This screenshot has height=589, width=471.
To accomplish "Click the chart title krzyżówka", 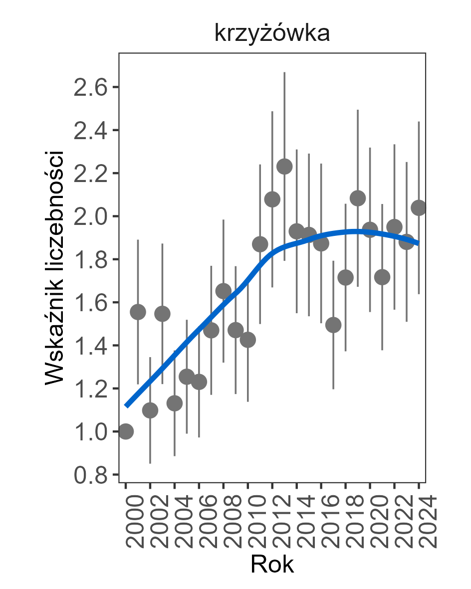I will pyautogui.click(x=272, y=33).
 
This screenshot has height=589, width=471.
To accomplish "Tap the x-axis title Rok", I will pyautogui.click(x=272, y=565).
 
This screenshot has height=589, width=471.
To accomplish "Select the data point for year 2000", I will pyautogui.click(x=126, y=431).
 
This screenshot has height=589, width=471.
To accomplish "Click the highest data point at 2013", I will pyautogui.click(x=284, y=167).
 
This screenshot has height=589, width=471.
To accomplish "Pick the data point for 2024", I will pyautogui.click(x=419, y=208).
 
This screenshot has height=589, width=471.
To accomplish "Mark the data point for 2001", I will pyautogui.click(x=138, y=312).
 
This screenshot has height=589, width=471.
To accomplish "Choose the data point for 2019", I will pyautogui.click(x=358, y=198).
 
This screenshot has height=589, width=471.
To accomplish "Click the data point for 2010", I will pyautogui.click(x=248, y=340).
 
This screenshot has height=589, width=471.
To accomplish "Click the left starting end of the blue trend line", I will pyautogui.click(x=126, y=406).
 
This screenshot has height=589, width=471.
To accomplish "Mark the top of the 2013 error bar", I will pyautogui.click(x=284, y=72).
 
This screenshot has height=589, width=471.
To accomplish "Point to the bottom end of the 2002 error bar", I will pyautogui.click(x=150, y=463).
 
